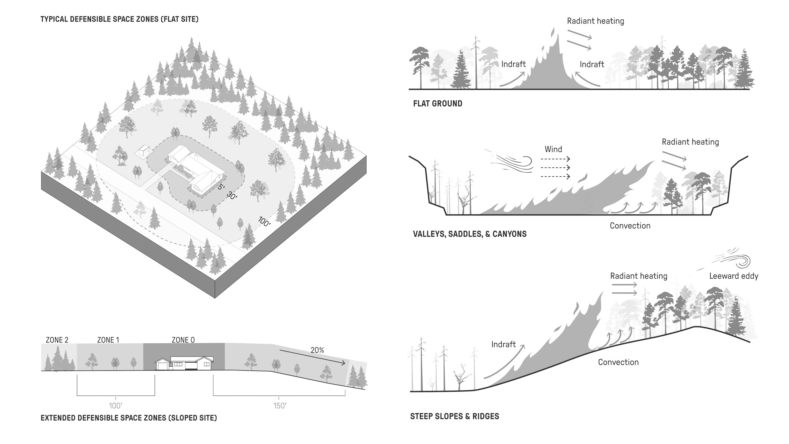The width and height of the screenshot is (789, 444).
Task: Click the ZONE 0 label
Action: click(x=183, y=340)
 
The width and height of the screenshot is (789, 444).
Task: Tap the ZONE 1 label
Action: click(x=108, y=340)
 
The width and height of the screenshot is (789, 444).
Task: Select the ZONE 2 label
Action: click(x=57, y=340)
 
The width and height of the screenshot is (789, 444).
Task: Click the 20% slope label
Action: click(x=317, y=350)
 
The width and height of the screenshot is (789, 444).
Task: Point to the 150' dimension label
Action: click(x=280, y=406)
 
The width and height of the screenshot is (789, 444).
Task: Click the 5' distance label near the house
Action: click(x=221, y=187)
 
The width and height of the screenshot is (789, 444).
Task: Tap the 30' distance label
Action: click(x=231, y=197)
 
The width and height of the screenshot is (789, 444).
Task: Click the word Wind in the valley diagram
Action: click(x=553, y=149)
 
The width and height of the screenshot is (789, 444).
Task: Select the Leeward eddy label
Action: click(x=734, y=276)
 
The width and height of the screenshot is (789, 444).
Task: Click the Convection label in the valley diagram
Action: click(x=630, y=226)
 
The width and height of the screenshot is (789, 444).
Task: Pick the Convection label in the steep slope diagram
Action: click(x=618, y=362)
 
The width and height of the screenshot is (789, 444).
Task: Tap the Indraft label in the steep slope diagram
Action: click(x=503, y=345)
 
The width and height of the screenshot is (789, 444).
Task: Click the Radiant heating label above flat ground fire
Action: click(x=595, y=21)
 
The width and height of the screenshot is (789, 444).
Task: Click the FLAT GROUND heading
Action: click(x=438, y=104)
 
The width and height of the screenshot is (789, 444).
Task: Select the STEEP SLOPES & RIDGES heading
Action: click(x=454, y=416)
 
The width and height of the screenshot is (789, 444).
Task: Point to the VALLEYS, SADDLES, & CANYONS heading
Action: click(x=470, y=234)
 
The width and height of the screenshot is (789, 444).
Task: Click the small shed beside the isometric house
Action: click(x=143, y=150)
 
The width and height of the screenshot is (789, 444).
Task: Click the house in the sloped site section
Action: click(x=184, y=364)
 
